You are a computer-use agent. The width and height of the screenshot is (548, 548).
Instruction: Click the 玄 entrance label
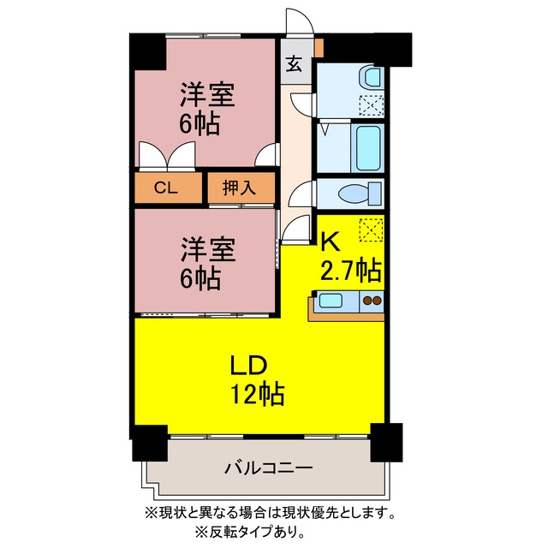294,63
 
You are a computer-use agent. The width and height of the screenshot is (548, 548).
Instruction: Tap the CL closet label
166,188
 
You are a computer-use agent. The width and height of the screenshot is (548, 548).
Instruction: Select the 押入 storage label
240,188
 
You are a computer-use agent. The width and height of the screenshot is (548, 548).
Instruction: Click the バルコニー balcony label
268,468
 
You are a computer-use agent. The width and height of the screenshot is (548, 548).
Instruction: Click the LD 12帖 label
257,380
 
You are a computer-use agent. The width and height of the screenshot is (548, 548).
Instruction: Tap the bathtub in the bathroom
367,147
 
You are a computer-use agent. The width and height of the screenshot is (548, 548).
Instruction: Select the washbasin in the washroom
372,76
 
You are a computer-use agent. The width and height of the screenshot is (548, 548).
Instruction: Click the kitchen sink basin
330,301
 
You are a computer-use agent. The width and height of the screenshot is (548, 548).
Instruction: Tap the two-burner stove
372,301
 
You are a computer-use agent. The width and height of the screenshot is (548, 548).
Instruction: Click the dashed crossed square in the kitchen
371,229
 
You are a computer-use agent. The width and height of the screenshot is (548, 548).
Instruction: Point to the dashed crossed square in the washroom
371,104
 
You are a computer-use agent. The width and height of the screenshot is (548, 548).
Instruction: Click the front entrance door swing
299,21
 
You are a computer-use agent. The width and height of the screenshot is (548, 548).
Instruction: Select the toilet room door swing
301,194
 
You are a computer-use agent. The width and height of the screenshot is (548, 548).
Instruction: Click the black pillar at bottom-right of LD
386,442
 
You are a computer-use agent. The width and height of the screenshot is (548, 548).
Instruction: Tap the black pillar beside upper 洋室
148,51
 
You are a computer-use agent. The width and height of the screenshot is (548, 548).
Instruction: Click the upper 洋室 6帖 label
206,109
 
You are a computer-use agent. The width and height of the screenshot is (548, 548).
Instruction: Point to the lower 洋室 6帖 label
207,264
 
